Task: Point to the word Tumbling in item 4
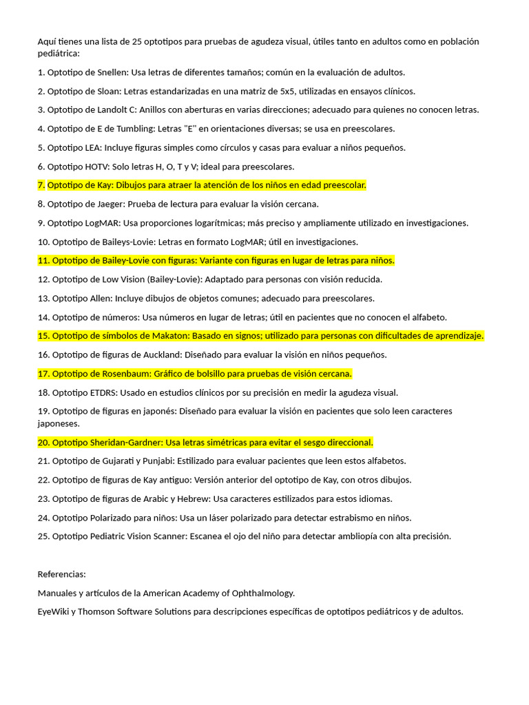coord(121,129)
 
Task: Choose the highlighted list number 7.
coord(41,185)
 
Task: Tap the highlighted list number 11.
coord(43,260)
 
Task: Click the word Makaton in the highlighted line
coord(169,336)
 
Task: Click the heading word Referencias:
coord(62,574)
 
